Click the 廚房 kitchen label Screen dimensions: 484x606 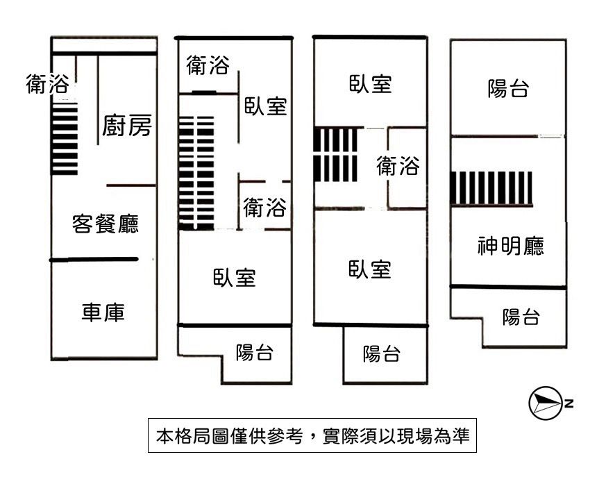click(x=126, y=126)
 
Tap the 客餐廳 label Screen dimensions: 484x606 click(x=106, y=224)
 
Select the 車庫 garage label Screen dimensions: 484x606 click(x=103, y=313)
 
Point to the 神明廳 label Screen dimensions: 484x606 click(x=510, y=246)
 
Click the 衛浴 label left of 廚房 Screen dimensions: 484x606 click(x=47, y=85)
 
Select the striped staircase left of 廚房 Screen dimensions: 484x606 click(x=65, y=139)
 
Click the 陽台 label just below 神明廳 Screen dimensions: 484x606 click(x=521, y=317)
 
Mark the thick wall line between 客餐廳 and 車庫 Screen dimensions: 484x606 click(x=94, y=260)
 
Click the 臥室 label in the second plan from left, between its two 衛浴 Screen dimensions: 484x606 click(x=265, y=106)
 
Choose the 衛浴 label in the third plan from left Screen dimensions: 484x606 click(x=398, y=167)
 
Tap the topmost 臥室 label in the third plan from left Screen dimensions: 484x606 click(x=370, y=84)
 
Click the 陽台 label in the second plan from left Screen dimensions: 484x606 click(x=254, y=352)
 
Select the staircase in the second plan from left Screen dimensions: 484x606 click(x=196, y=173)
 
